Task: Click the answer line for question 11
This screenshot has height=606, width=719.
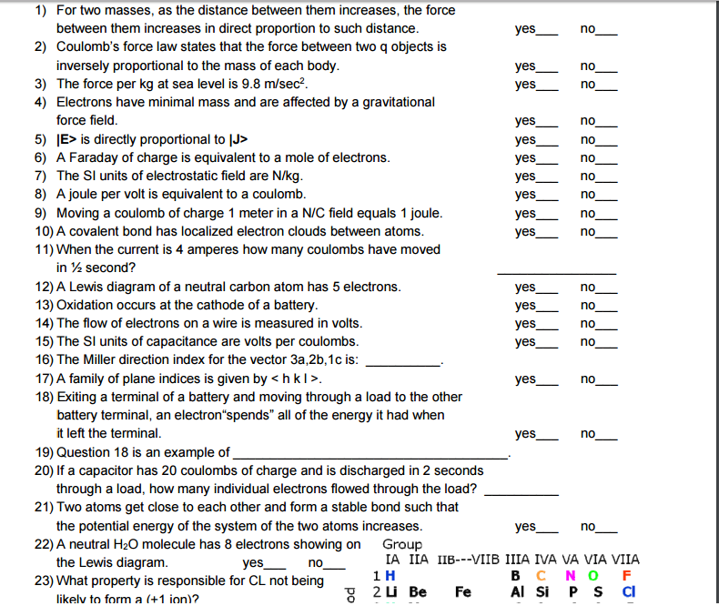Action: coord(555,270)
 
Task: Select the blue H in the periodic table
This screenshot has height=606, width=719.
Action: coord(390,577)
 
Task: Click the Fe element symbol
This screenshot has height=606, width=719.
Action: coord(462,592)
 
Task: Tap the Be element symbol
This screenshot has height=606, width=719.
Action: coord(418,592)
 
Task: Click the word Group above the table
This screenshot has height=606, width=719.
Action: coord(402,544)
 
